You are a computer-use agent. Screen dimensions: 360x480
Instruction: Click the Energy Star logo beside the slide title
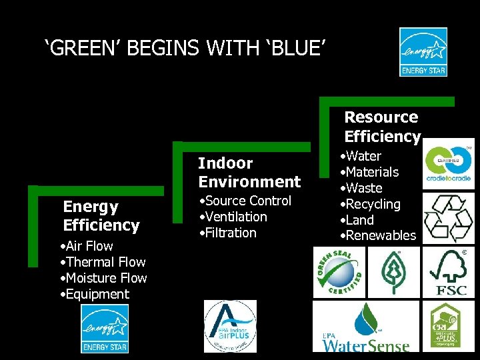coord(423,52)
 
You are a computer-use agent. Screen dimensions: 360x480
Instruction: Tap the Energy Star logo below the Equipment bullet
coord(105,329)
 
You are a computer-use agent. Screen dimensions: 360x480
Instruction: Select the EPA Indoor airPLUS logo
coord(229,327)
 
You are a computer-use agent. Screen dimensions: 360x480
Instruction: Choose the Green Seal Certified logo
coord(339,271)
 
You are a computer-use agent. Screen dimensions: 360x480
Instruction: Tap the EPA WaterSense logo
coord(365,327)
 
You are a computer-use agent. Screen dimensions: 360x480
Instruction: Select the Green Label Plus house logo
coord(451,326)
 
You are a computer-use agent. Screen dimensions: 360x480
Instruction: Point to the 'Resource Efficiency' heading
coord(382,127)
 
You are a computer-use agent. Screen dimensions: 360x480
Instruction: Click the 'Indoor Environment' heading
coord(249,173)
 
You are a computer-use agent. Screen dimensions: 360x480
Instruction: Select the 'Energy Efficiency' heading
coord(101,216)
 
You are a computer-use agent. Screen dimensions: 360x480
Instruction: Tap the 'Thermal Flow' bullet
coord(103,262)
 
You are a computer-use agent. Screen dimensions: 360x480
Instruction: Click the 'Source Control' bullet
coord(246,201)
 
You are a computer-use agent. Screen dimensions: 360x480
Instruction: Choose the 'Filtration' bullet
coord(228,233)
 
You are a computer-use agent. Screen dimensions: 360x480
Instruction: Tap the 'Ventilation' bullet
coord(233,217)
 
